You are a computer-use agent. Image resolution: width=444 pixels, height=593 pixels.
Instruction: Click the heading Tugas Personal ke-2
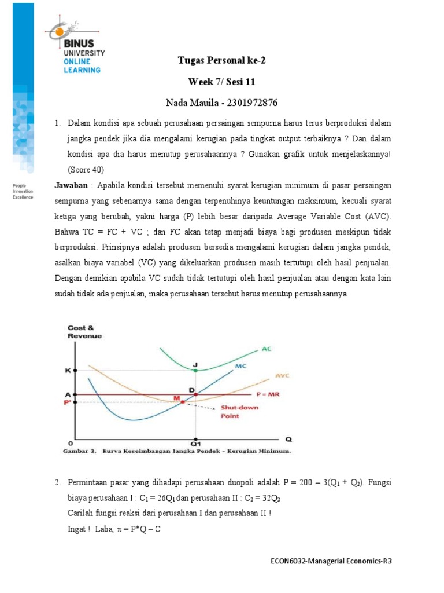(221, 60)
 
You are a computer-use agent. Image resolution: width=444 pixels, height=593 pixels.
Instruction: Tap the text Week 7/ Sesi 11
(221, 82)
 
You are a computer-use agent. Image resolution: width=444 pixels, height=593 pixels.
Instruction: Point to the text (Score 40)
(86, 170)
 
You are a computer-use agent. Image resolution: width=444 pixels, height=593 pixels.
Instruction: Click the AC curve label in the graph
(265, 350)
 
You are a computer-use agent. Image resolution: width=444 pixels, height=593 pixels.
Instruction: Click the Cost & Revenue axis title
(84, 332)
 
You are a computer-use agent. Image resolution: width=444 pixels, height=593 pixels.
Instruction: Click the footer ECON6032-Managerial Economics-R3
(334, 561)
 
